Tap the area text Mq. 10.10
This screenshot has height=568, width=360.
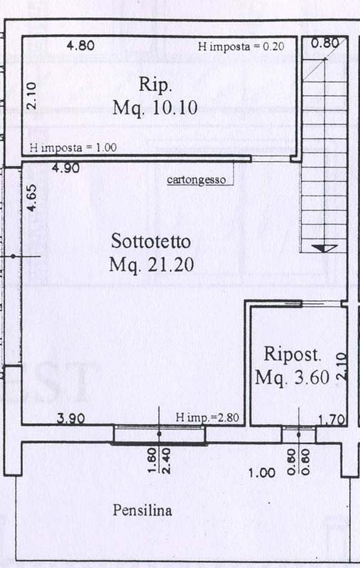point(154,108)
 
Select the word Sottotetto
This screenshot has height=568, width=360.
point(154,242)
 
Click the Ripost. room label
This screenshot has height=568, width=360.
point(293,354)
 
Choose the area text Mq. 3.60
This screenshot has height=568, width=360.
point(292,378)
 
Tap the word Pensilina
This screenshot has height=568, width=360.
point(142,510)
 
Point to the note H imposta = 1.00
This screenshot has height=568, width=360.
point(73,148)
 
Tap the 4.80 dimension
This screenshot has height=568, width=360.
point(80,46)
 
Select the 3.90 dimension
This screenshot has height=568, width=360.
point(70,418)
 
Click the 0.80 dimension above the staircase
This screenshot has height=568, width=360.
point(325,43)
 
